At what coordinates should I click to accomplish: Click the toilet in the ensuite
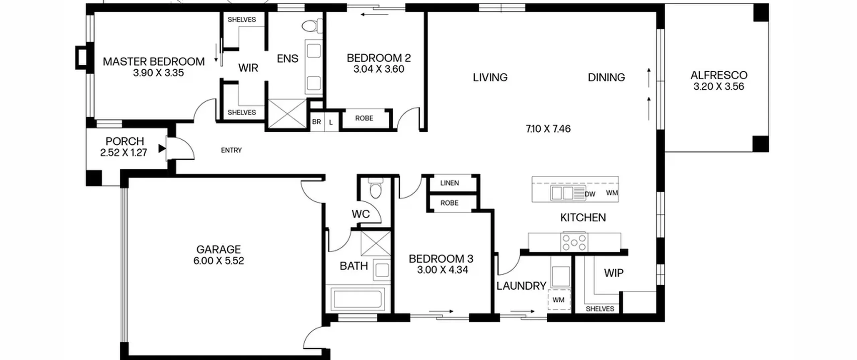[312, 26]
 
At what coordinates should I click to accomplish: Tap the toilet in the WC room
[376, 188]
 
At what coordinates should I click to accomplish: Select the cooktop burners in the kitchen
[574, 242]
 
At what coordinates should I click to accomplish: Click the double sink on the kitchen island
[562, 193]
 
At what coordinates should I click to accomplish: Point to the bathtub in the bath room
[358, 299]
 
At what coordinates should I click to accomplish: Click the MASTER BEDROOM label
[154, 62]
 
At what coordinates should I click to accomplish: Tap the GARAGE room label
[218, 249]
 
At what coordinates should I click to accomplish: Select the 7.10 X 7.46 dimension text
[548, 129]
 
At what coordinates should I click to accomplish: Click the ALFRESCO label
[719, 75]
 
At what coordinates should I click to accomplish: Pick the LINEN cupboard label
[450, 183]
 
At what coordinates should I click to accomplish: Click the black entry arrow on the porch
[162, 148]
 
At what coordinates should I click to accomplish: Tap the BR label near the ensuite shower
[316, 122]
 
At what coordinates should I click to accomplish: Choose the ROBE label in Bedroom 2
[364, 118]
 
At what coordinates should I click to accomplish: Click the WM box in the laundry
[559, 299]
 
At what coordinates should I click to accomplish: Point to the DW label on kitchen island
[590, 194]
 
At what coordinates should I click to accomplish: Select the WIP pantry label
[614, 273]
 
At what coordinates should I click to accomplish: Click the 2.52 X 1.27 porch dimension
[124, 153]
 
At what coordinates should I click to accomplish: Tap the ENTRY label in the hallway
[231, 150]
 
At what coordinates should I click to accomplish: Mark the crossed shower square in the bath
[376, 243]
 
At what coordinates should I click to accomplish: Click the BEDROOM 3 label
[441, 259]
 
